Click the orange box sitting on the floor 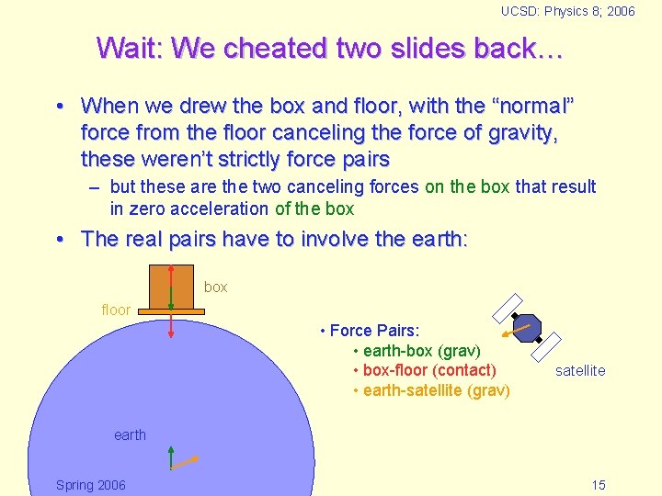(x=170, y=287)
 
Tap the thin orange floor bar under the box (x=172, y=311)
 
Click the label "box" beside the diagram (x=216, y=287)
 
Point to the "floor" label (x=116, y=310)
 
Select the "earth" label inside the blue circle (x=130, y=434)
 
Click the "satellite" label (x=580, y=370)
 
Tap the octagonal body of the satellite (x=527, y=327)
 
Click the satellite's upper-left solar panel (x=508, y=308)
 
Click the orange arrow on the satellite (x=520, y=328)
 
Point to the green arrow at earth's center (x=171, y=457)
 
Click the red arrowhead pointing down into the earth (x=171, y=338)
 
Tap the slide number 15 (x=598, y=485)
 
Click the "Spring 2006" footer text (x=91, y=485)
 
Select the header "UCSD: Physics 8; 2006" (x=567, y=11)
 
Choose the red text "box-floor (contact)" (x=429, y=370)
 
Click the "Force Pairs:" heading (x=374, y=331)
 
